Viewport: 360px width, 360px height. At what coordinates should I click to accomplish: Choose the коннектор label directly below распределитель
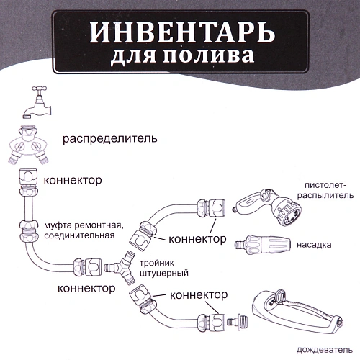click(73, 180)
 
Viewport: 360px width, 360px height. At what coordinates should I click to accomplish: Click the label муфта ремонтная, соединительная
click(98, 229)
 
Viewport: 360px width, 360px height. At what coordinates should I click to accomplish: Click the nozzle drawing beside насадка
click(260, 242)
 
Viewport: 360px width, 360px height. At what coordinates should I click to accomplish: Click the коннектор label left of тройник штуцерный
click(86, 289)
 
